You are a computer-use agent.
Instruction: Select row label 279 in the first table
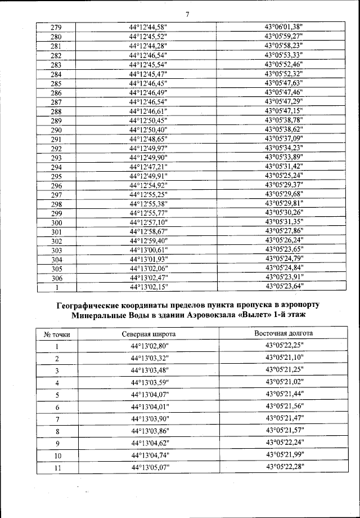[56, 28]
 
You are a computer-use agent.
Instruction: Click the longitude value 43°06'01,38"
[283, 28]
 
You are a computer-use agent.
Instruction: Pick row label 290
[56, 129]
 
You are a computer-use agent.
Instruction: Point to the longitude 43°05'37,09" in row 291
[283, 139]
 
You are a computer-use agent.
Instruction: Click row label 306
[56, 278]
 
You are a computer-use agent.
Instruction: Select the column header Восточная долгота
[283, 333]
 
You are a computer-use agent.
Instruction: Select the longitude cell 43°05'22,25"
[283, 346]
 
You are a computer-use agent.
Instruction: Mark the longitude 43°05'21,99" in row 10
[283, 455]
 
